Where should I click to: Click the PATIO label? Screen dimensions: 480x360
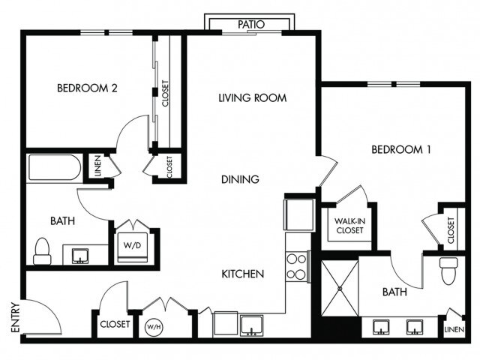tap(251, 25)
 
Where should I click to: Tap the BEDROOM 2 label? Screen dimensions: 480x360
tap(87, 88)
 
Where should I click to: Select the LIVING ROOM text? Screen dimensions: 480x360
tap(253, 98)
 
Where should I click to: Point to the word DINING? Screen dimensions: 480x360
tap(240, 179)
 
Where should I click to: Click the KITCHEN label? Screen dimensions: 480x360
tap(243, 274)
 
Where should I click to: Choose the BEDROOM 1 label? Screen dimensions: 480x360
tap(401, 150)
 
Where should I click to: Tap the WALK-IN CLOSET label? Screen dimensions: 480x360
tap(349, 226)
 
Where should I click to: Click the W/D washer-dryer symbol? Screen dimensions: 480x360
tap(132, 247)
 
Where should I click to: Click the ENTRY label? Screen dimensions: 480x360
tap(15, 317)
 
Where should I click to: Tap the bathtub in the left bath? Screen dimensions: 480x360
tap(55, 167)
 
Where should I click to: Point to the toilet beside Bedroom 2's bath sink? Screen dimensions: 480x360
tap(42, 251)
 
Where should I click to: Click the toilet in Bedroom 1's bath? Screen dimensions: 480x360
tap(448, 270)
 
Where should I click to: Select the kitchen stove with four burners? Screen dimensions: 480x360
tap(296, 267)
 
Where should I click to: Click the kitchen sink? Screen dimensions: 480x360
tap(251, 325)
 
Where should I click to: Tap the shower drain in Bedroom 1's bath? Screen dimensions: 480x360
tap(340, 288)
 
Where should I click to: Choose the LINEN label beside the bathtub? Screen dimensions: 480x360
tap(97, 166)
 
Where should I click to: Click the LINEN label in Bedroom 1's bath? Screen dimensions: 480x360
tap(454, 329)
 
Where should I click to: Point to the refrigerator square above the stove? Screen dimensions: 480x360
tap(299, 214)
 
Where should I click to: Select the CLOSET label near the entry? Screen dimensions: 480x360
tap(115, 324)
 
